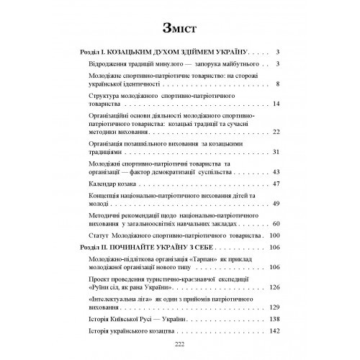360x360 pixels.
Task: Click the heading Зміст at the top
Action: pos(180,28)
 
